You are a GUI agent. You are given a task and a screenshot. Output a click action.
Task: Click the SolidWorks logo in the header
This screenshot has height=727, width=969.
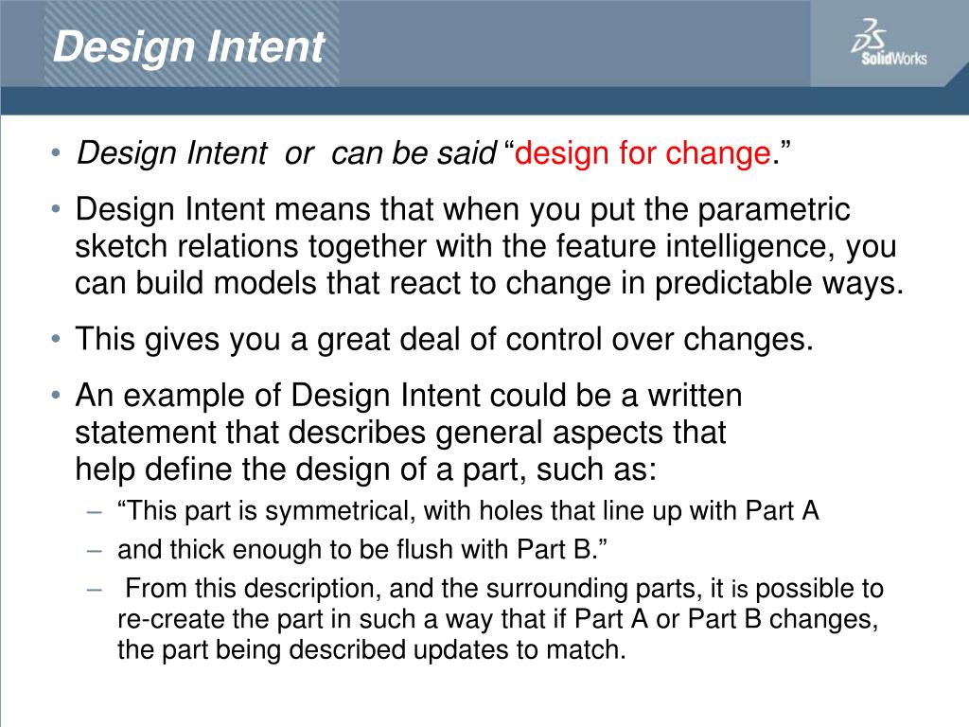click(x=889, y=44)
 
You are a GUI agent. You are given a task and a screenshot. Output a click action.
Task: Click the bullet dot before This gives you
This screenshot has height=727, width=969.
click(x=57, y=339)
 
